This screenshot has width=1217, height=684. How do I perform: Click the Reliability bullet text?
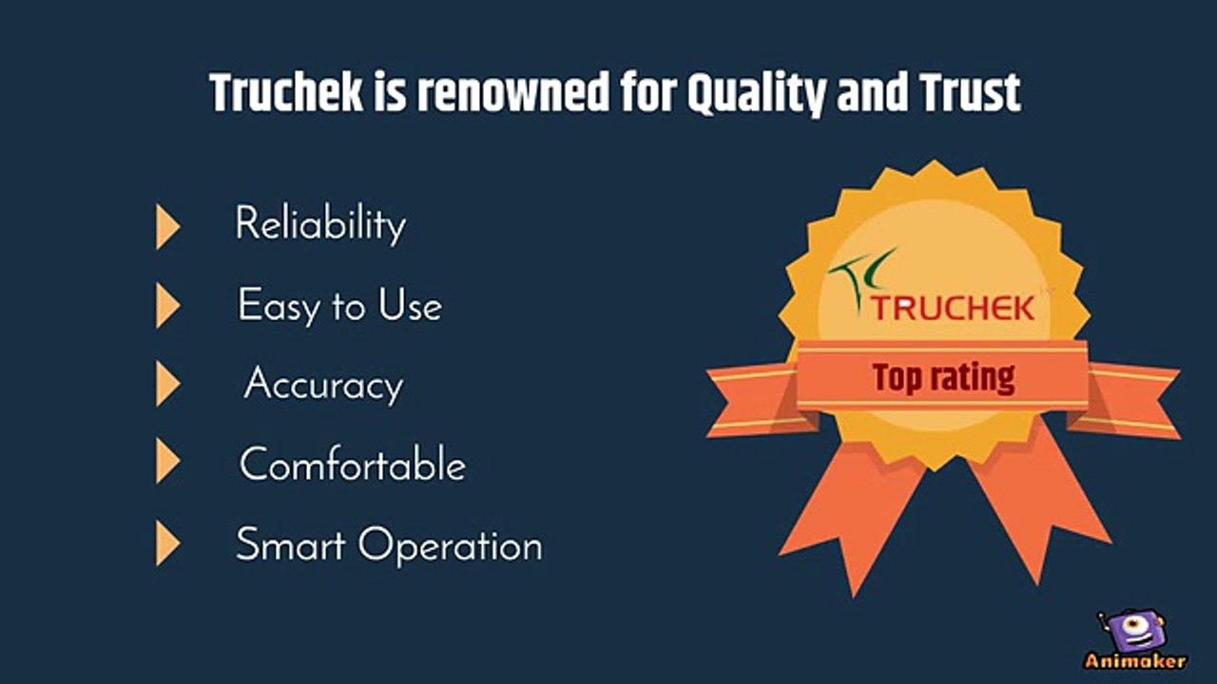(x=320, y=225)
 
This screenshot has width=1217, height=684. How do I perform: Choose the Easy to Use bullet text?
(x=339, y=306)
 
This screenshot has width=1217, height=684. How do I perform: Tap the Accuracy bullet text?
(x=323, y=385)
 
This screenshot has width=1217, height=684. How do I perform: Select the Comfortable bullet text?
(x=352, y=465)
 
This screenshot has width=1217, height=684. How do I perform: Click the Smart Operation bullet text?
(x=389, y=546)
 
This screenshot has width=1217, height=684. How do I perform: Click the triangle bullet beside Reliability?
(x=167, y=226)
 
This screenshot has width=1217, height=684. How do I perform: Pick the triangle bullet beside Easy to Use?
(x=167, y=306)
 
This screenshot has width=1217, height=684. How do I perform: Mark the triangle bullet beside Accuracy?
(x=167, y=385)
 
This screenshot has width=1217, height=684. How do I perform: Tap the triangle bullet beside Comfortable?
(x=167, y=464)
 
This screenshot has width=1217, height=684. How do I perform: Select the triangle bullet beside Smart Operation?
(x=167, y=544)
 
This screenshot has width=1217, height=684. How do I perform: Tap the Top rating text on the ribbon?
(x=943, y=377)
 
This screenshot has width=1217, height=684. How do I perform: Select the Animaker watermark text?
(x=1134, y=661)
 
